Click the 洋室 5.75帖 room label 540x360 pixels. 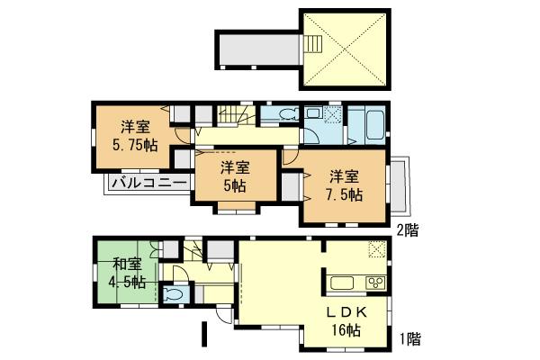point(135,135)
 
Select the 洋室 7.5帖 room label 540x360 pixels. point(345,184)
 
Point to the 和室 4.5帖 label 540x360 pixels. point(127,271)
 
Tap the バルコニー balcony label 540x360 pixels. point(148,184)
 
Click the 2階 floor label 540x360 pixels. point(407,229)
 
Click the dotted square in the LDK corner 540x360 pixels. point(378,249)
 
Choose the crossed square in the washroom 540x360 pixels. point(332,114)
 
